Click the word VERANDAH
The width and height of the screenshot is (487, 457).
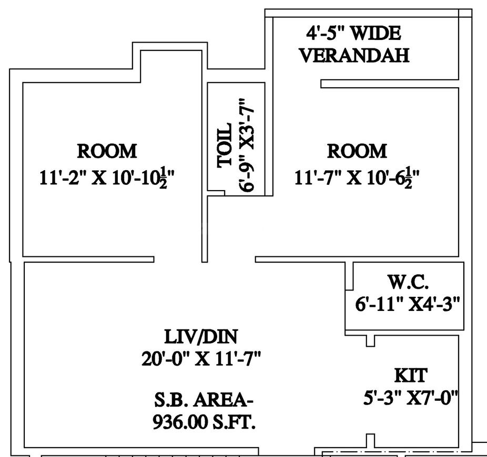[354, 56]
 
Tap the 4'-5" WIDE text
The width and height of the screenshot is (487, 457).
[353, 34]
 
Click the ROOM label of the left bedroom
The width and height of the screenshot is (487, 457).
[107, 151]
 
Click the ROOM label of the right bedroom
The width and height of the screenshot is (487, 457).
[357, 151]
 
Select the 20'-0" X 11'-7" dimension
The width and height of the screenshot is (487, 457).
[201, 360]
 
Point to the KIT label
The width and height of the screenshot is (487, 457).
[411, 376]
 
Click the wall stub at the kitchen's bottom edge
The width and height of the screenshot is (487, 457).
[370, 441]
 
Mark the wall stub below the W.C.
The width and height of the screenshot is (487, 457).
[370, 341]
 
